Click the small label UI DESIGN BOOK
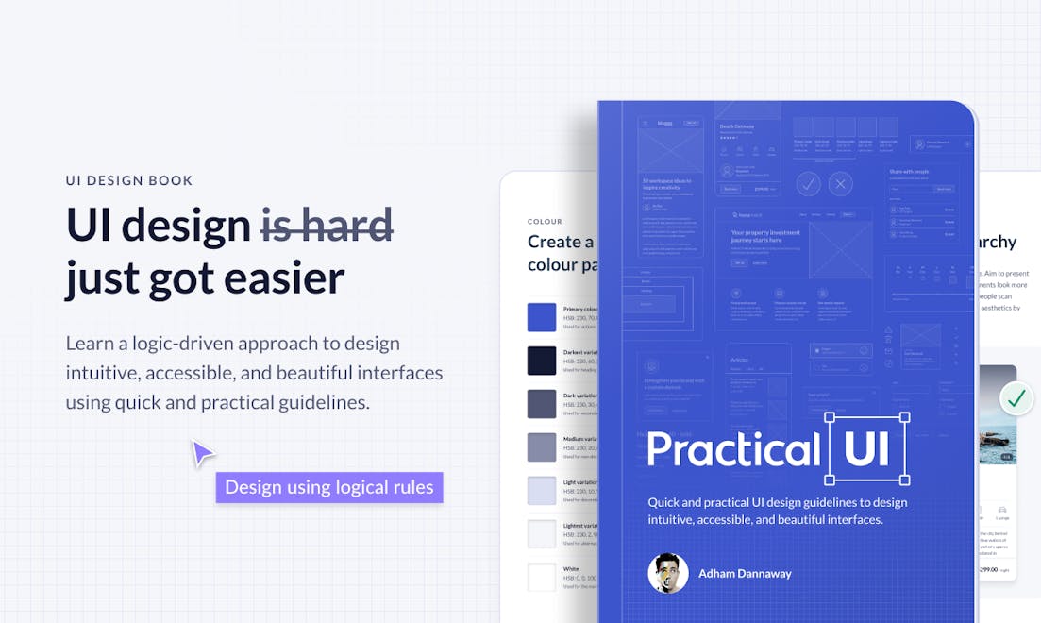pos(129,180)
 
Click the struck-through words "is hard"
pos(327,226)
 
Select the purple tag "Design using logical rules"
pos(329,487)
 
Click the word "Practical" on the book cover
pos(733,449)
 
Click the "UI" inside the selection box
pos(866,449)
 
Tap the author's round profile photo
pos(667,573)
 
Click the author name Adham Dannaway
pos(745,573)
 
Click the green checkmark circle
pos(1016,399)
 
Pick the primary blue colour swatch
pos(542,317)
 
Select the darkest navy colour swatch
pos(542,361)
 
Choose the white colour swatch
pos(542,577)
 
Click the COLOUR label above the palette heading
pos(545,222)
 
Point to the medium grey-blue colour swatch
pos(542,446)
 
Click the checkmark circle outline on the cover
pos(808,184)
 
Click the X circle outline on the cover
pos(840,184)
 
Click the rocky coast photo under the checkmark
pos(998,434)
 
